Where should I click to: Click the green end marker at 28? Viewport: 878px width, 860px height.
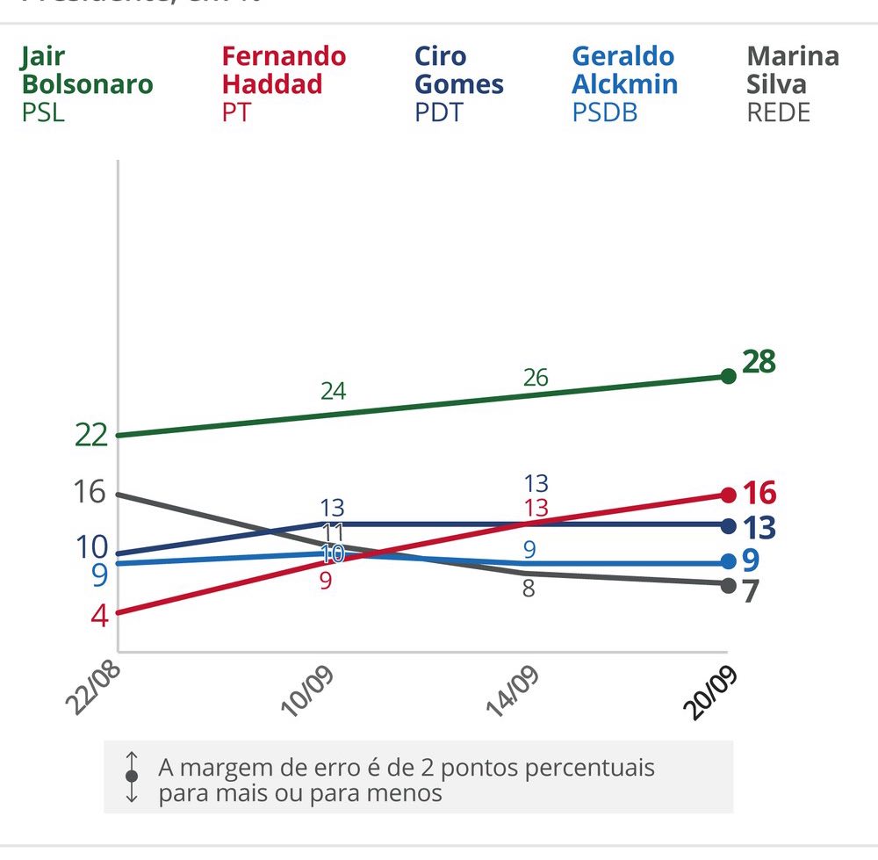tap(728, 376)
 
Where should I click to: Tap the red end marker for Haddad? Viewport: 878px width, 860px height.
tap(728, 495)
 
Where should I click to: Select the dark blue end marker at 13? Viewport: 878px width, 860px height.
tap(728, 526)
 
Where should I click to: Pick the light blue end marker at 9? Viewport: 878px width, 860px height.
tap(728, 561)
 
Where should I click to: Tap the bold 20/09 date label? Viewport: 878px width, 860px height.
tap(713, 693)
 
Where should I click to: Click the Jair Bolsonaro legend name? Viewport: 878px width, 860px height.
tap(86, 70)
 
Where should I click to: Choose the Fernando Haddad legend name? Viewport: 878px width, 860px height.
tap(284, 70)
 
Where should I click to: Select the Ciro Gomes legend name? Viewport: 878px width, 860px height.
tap(458, 70)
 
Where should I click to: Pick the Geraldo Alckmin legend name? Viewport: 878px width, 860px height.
tap(624, 70)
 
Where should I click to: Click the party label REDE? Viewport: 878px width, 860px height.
tap(779, 112)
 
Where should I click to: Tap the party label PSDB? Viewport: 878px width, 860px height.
tap(605, 112)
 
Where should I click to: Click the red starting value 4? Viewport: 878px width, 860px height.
tap(99, 615)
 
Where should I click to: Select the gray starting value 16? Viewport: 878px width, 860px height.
tap(90, 491)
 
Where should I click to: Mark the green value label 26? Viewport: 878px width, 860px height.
tap(536, 378)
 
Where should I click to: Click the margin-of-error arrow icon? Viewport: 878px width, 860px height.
tap(132, 777)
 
